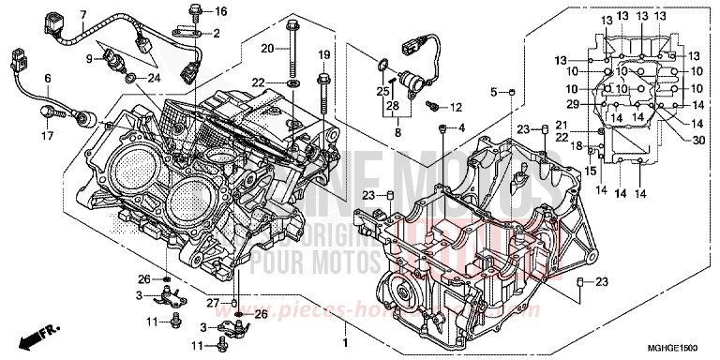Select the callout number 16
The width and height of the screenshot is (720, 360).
click(221, 11)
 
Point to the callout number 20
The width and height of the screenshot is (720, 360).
click(266, 47)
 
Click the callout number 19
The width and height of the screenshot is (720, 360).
click(324, 53)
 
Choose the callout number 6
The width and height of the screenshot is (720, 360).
click(46, 78)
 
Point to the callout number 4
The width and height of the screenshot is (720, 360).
click(461, 127)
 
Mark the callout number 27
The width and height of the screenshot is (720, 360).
click(213, 302)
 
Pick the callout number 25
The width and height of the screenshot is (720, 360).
click(382, 91)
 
